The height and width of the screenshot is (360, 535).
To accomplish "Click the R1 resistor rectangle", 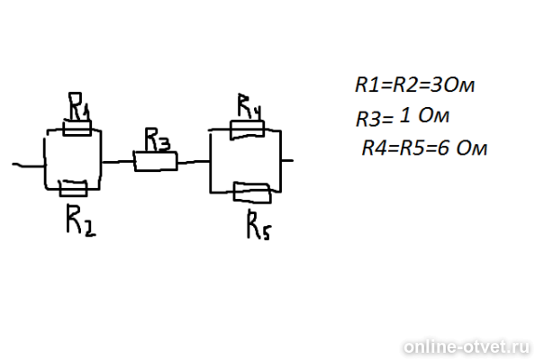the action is (x=77, y=128).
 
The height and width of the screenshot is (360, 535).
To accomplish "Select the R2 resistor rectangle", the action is (x=73, y=188).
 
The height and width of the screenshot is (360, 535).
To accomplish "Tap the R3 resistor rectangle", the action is (x=156, y=161).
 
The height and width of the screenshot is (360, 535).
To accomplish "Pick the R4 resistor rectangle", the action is (x=248, y=130).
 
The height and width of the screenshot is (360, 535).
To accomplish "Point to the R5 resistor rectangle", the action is (x=252, y=193).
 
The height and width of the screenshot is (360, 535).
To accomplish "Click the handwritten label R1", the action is (x=79, y=106).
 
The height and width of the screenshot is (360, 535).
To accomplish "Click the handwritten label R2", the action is (x=81, y=220).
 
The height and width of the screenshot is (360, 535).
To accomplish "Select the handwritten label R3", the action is (x=157, y=139).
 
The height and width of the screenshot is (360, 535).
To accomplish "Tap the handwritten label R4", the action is (x=249, y=106).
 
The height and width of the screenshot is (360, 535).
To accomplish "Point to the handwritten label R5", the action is (x=258, y=225).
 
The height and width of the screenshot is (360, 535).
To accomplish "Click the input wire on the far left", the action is (x=28, y=166).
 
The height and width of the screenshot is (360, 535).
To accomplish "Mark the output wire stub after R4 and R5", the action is (x=287, y=160).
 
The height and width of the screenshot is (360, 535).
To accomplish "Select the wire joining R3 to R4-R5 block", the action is (x=194, y=162).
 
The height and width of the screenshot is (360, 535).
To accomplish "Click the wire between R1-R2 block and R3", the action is (x=117, y=162).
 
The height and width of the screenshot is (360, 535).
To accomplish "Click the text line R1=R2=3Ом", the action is (x=414, y=85).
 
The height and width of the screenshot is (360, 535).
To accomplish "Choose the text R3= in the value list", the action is (x=374, y=120).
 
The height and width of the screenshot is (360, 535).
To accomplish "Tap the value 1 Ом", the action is (x=424, y=116).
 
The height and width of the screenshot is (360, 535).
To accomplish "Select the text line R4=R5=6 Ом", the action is (x=424, y=148).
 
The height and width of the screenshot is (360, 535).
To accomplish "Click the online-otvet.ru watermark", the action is (x=467, y=347).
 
